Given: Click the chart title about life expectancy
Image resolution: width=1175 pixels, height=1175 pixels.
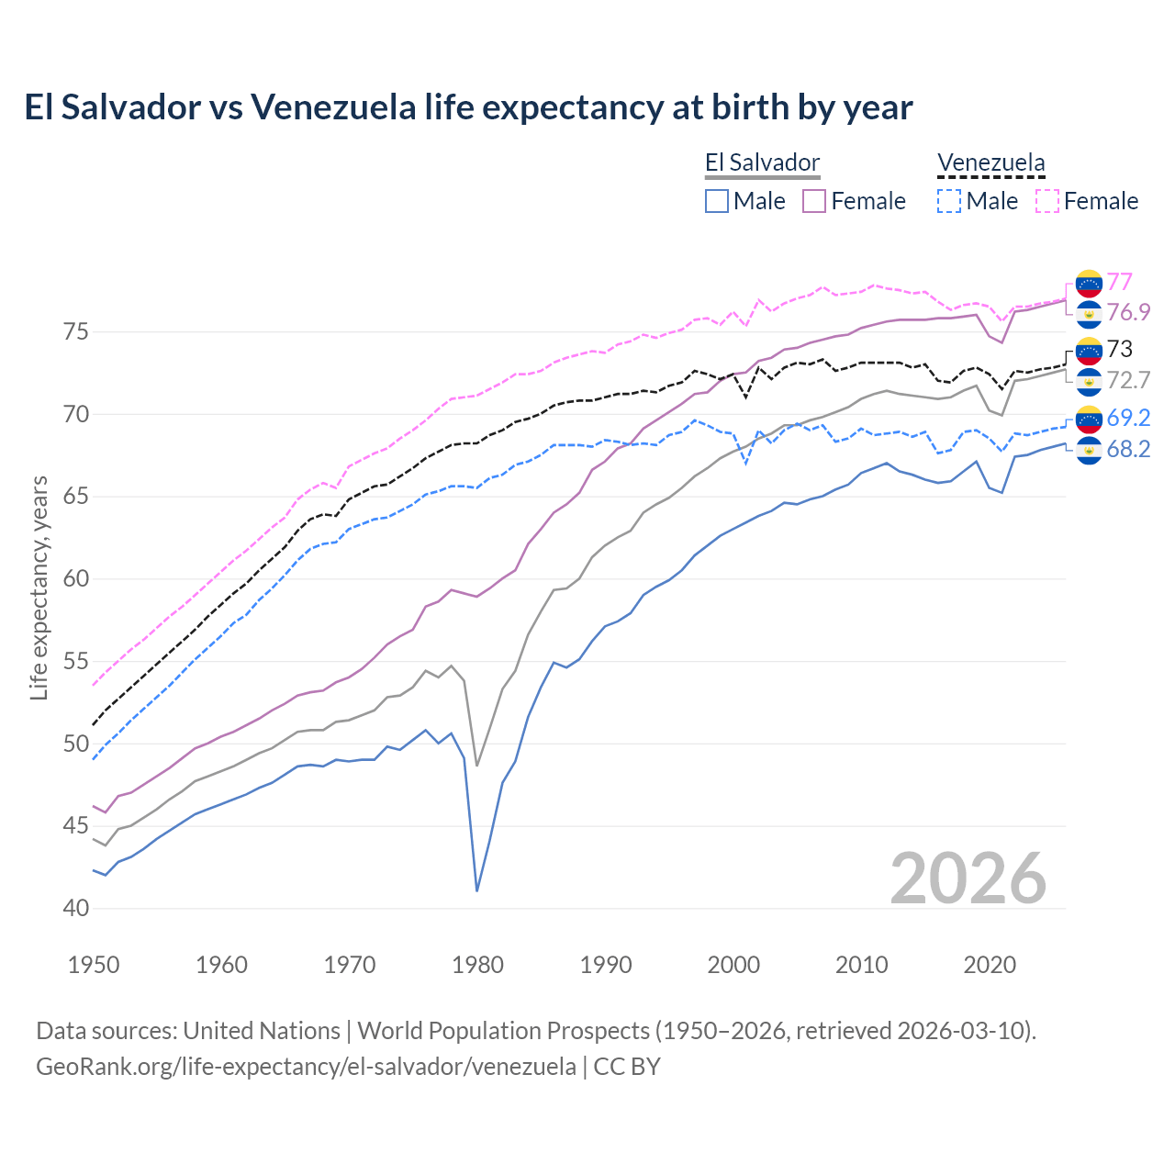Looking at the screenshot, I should pyautogui.click(x=468, y=107).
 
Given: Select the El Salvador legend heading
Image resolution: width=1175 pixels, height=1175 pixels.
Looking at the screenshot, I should pyautogui.click(x=762, y=163).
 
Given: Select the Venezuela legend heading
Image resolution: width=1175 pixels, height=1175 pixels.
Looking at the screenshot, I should pyautogui.click(x=990, y=163).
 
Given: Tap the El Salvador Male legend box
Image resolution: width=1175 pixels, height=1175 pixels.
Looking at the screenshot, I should pyautogui.click(x=717, y=201).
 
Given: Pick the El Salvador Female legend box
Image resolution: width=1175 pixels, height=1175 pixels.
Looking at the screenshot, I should pyautogui.click(x=815, y=201).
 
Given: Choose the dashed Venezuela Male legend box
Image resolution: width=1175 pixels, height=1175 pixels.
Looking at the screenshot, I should pyautogui.click(x=950, y=201).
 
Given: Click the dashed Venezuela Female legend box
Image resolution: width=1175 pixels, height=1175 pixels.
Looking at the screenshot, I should pyautogui.click(x=1047, y=201).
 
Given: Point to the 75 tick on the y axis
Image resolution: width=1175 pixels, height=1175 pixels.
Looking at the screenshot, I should pyautogui.click(x=76, y=331).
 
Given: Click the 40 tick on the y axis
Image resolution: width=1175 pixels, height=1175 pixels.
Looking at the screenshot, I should pyautogui.click(x=76, y=908).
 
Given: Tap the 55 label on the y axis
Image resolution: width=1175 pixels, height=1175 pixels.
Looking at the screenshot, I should pyautogui.click(x=76, y=661).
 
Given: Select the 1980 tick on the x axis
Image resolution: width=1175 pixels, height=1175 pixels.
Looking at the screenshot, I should pyautogui.click(x=477, y=965).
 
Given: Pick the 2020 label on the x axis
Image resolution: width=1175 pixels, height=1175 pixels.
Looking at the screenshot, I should pyautogui.click(x=990, y=965).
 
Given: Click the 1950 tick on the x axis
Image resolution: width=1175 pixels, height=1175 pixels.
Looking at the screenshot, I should pyautogui.click(x=94, y=965).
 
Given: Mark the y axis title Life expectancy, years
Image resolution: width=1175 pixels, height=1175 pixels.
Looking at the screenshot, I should pyautogui.click(x=39, y=587).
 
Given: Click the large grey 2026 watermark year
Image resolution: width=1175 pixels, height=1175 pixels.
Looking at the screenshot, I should pyautogui.click(x=968, y=878).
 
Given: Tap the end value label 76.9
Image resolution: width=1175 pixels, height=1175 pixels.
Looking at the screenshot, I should pyautogui.click(x=1128, y=313).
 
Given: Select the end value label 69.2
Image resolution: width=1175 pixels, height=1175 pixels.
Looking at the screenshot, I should pyautogui.click(x=1128, y=418).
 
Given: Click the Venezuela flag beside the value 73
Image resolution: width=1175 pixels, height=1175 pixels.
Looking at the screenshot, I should pyautogui.click(x=1089, y=350).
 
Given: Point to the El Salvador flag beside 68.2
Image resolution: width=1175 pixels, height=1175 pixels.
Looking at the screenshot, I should pyautogui.click(x=1089, y=450).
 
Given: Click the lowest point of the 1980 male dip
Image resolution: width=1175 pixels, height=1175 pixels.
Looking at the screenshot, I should pyautogui.click(x=477, y=890).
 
